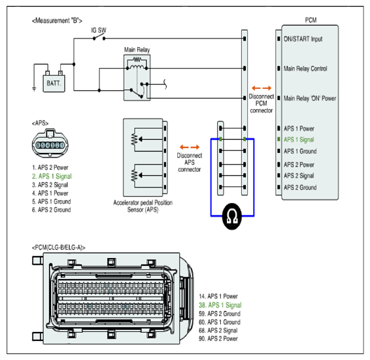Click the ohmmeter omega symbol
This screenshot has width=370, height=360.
[x=232, y=216]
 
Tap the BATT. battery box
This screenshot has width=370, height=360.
[x=54, y=83]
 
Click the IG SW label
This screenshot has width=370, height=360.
[x=99, y=31]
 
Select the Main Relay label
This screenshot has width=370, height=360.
[x=137, y=50]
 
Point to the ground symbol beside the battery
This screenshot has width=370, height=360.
[x=34, y=89]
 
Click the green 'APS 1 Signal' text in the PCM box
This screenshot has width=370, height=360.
[x=299, y=140]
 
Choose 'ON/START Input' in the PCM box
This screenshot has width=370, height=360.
[x=303, y=39]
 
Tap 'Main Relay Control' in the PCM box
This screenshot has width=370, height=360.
[x=305, y=69]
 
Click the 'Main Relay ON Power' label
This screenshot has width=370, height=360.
[x=310, y=99]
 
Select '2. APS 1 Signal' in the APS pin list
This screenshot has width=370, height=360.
[x=52, y=176]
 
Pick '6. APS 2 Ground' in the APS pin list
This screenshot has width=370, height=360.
[x=52, y=210]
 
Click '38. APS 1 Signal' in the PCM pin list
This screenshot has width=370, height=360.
[x=220, y=305]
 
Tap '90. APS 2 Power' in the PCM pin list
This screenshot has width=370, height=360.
[x=218, y=338]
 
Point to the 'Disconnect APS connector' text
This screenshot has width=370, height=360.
[x=190, y=162]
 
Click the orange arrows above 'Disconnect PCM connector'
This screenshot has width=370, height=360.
[x=261, y=88]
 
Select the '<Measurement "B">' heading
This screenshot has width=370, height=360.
[x=57, y=21]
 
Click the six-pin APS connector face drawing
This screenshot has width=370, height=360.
[x=50, y=142]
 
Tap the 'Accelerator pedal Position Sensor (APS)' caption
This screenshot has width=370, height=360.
[x=143, y=206]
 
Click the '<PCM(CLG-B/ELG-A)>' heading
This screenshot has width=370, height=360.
[x=59, y=248]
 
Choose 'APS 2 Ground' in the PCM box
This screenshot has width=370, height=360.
[x=300, y=188]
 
